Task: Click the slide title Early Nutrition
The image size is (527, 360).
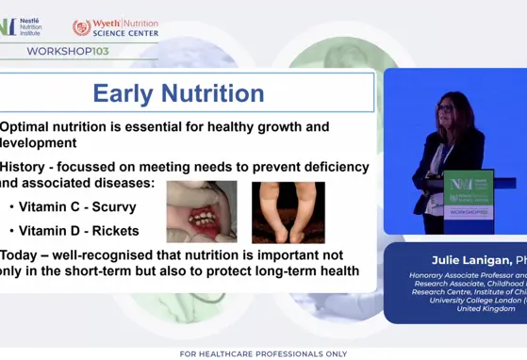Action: click(178, 93)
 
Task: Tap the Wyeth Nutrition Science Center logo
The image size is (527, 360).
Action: click(115, 27)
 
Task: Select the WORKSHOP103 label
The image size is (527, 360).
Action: click(61, 51)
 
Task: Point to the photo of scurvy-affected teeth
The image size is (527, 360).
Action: click(201, 212)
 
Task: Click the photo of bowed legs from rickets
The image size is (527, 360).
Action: click(288, 212)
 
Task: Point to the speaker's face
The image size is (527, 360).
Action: click(446, 105)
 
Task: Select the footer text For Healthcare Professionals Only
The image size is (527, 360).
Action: click(262, 353)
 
